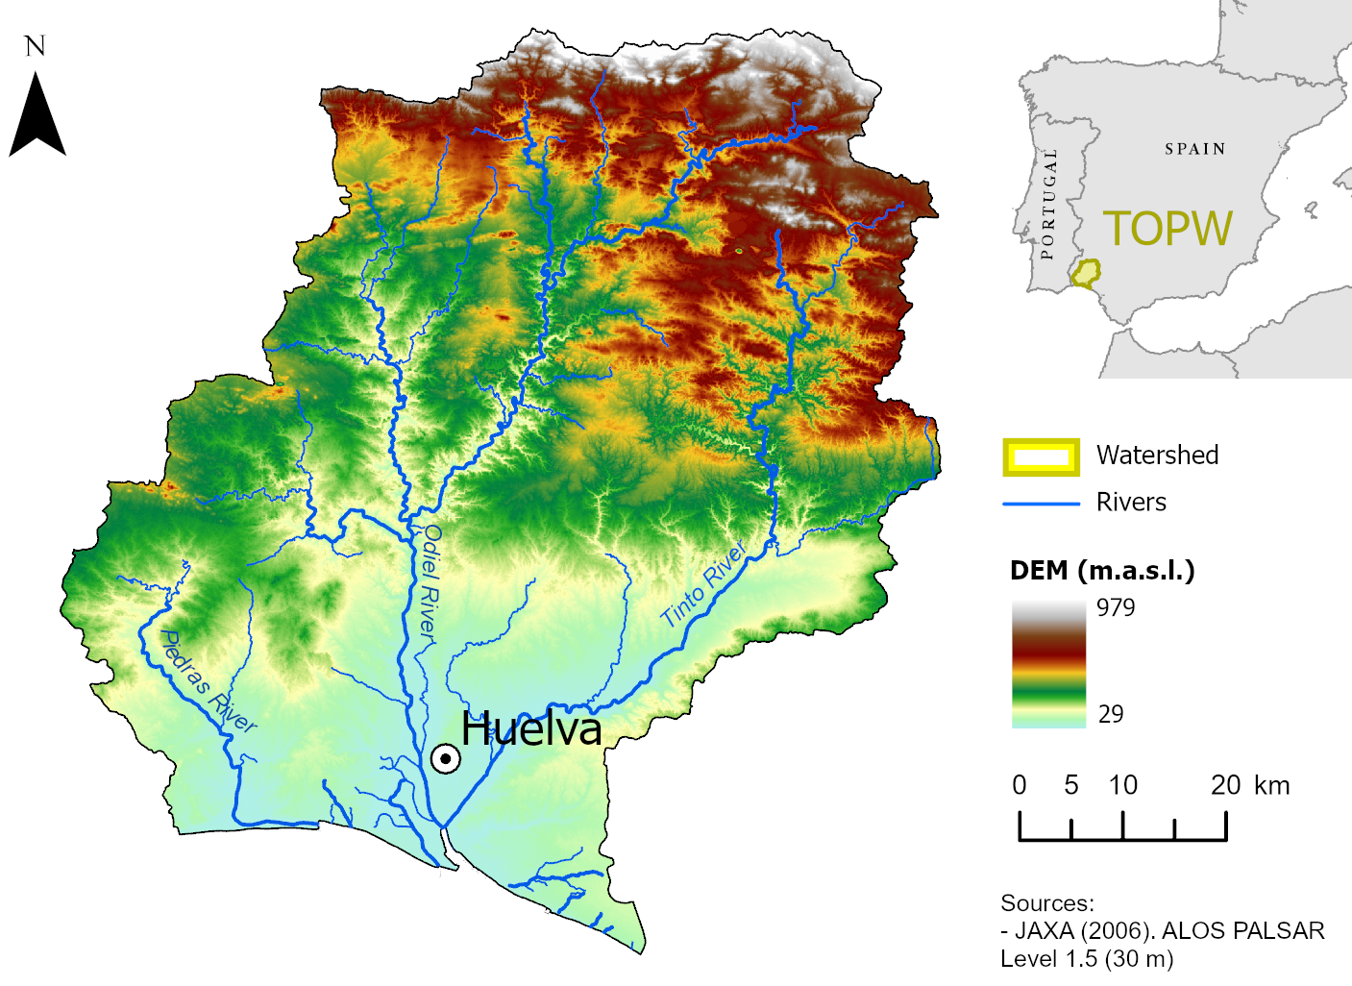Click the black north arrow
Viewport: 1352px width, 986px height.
[x=37, y=117]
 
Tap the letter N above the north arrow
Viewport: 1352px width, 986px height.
[x=36, y=46]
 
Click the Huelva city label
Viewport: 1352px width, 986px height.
[x=531, y=729]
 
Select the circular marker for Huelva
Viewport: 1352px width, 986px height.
[x=445, y=759]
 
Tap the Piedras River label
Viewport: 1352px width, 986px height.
[x=208, y=681]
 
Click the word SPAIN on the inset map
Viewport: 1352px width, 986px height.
[x=1195, y=149]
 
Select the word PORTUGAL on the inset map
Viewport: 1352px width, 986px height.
[x=1048, y=204]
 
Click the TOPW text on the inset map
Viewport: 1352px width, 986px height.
[x=1168, y=229]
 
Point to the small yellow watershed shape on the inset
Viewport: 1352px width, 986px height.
[x=1086, y=273]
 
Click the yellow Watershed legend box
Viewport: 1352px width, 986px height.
[x=1041, y=457]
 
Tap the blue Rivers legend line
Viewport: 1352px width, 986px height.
[x=1041, y=504]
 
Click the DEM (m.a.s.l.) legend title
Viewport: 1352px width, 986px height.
[x=1102, y=571]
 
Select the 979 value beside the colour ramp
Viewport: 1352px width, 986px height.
[x=1116, y=607]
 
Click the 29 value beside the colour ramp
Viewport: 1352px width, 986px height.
[x=1111, y=714]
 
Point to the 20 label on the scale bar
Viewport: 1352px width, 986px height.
[x=1225, y=785]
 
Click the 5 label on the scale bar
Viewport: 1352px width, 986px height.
[x=1071, y=785]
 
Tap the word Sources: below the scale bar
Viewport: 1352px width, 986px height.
[x=1047, y=903]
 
